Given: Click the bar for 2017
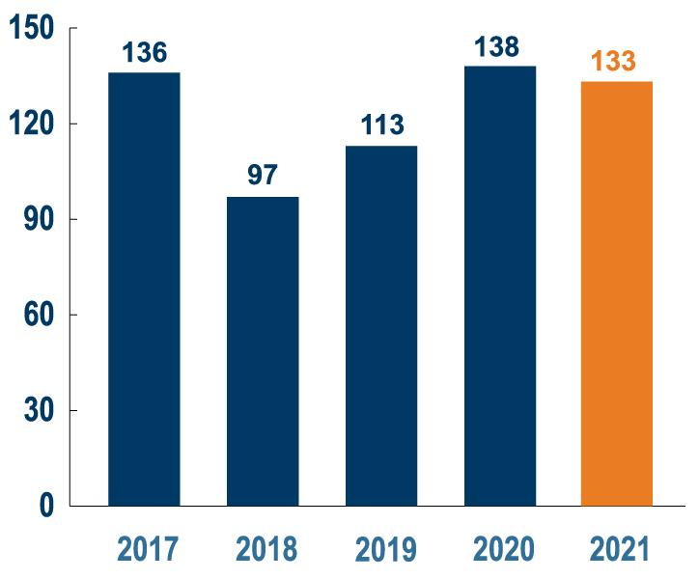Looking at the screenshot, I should coord(144,289).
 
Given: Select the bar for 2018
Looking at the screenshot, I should coord(263,351).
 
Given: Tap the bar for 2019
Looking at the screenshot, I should coord(381,325).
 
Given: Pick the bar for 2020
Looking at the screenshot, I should coord(500,286).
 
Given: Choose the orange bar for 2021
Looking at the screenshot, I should coord(616,293).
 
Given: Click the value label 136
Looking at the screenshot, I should coord(145,52).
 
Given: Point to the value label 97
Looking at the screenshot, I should coord(263,176).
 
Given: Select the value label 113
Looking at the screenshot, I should coord(382,125).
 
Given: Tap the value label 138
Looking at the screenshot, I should coord(498,46).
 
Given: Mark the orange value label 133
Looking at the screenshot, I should coord(613,61).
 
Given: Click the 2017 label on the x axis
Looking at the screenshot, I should coord(148,550).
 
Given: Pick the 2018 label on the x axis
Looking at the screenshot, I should coord(266,550).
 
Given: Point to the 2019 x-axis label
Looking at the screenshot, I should coord(386,550).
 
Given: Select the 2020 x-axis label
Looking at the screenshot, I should coord(503,550).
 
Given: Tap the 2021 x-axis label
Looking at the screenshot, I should coord(619,550).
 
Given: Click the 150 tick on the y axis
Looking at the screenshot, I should coord(32,30).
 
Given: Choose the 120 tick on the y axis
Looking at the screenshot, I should coord(32,124).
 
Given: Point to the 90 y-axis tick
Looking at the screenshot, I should coord(39,220).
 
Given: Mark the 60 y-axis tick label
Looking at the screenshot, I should coord(39,315).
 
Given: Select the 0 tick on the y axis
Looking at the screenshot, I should coord(46,506).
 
